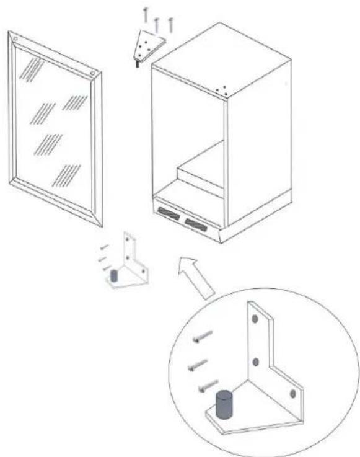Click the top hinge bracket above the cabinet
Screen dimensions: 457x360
[149, 45]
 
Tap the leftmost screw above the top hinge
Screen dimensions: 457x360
[145, 15]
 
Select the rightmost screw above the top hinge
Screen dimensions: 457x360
[171, 24]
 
